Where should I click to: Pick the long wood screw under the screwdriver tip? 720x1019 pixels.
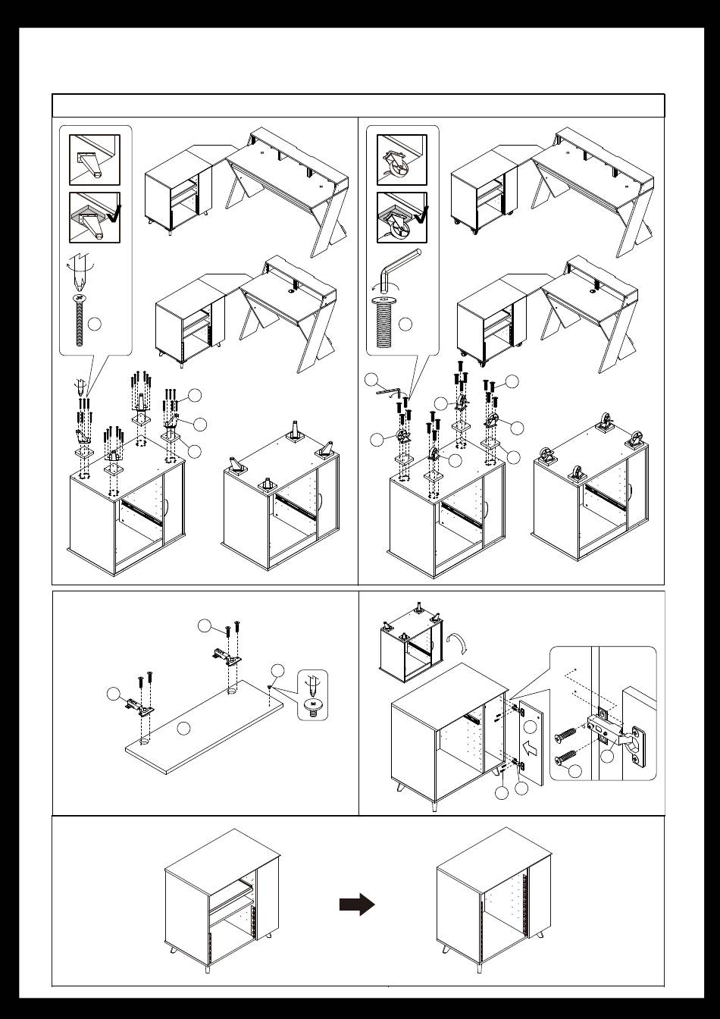(x=79, y=322)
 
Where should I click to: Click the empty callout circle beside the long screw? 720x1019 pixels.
(x=94, y=325)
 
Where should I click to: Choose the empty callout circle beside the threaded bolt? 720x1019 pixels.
(x=405, y=325)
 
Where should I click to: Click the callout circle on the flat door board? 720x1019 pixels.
(x=182, y=729)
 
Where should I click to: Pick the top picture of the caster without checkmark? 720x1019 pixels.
(x=402, y=160)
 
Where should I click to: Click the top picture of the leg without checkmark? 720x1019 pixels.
(x=95, y=160)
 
